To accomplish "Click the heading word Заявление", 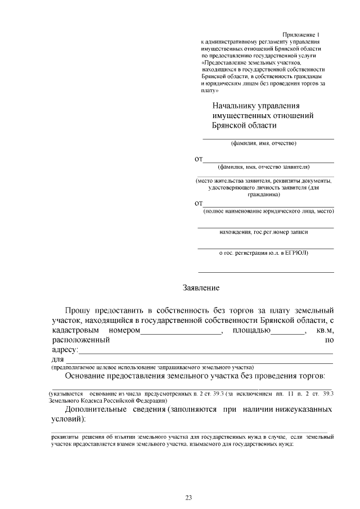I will tap(201, 287).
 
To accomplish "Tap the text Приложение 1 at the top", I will tap(301, 35).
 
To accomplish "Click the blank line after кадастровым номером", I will tap(181, 331).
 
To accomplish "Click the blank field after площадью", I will tap(288, 331).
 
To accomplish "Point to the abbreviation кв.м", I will tap(325, 330).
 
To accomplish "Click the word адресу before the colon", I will tap(64, 350).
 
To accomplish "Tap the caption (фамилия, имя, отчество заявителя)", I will tap(264, 166).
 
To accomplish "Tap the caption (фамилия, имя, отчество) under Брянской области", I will tap(264, 143).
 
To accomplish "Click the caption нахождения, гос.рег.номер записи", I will tap(264, 231).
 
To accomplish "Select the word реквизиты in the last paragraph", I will tap(65, 436).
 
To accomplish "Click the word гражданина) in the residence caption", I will tap(264, 194).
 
